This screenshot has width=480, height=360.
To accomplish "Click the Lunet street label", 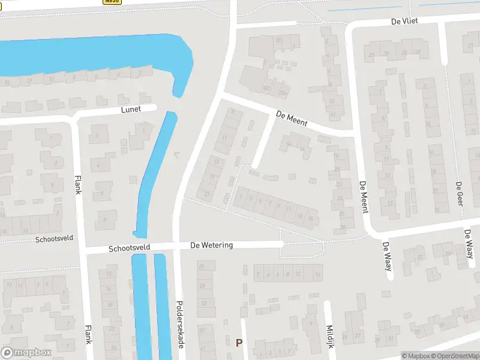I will [131, 109].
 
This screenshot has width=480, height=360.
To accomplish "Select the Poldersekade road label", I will [179, 322].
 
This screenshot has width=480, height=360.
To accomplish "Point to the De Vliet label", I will [404, 21].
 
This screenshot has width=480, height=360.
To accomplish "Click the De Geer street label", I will [458, 194].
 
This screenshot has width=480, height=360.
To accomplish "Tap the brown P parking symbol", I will [239, 343].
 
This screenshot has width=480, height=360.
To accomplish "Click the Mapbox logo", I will [26, 353].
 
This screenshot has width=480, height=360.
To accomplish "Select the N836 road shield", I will [112, 2].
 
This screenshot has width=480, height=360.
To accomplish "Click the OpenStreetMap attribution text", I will [454, 356].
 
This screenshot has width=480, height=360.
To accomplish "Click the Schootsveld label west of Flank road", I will [53, 238].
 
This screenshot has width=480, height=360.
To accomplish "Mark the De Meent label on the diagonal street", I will [292, 118].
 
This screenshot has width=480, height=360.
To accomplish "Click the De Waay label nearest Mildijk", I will [387, 256].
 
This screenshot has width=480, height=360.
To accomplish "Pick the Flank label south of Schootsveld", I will [88, 334].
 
